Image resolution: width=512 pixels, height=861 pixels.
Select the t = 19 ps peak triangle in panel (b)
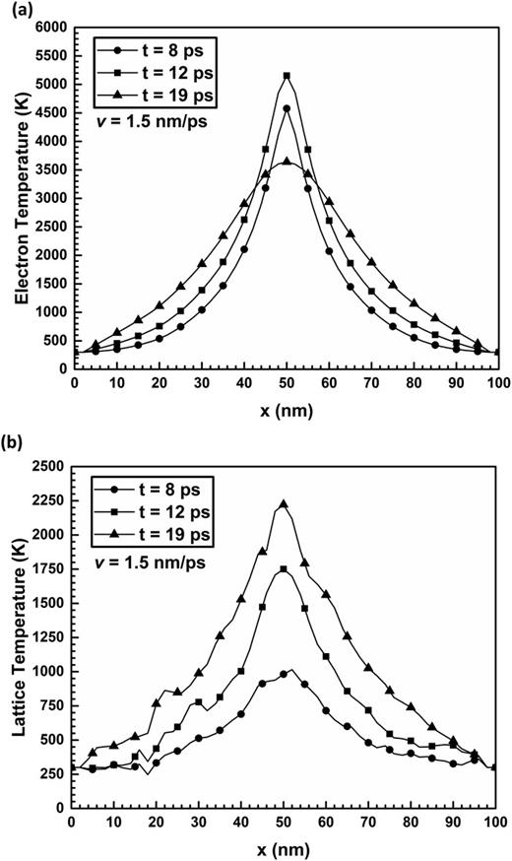point(287,504)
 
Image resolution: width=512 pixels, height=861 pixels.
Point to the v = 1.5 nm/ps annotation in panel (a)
point(150,124)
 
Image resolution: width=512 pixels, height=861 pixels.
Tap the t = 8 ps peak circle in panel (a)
point(287,109)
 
